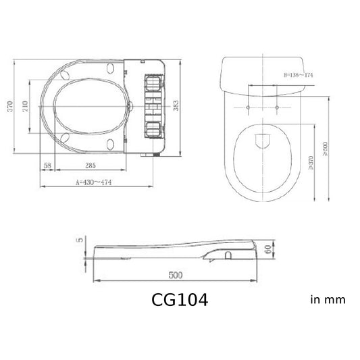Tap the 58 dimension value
[x=47, y=165]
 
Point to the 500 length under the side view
[x=176, y=276]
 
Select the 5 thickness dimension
[x=80, y=240]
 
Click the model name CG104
[x=179, y=299]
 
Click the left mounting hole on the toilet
[x=249, y=108]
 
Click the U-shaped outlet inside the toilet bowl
[x=262, y=140]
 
